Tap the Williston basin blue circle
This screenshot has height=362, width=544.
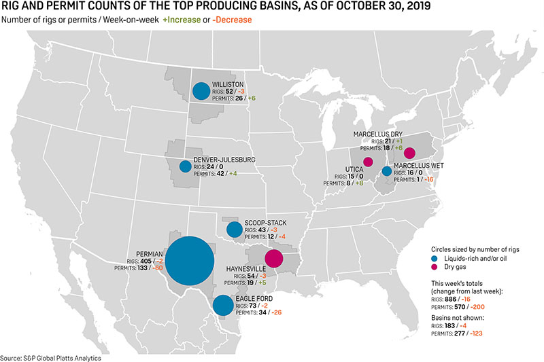(201, 90)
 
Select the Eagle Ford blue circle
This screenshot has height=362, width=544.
(222, 306)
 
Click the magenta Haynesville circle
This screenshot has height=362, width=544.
(273, 258)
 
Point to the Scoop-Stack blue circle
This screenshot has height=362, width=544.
(234, 229)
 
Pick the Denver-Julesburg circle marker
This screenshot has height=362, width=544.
(185, 166)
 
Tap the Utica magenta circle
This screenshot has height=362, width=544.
(368, 162)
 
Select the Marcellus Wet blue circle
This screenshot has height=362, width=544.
(386, 171)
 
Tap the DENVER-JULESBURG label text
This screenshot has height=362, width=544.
(224, 159)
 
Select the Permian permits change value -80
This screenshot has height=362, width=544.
(158, 268)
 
